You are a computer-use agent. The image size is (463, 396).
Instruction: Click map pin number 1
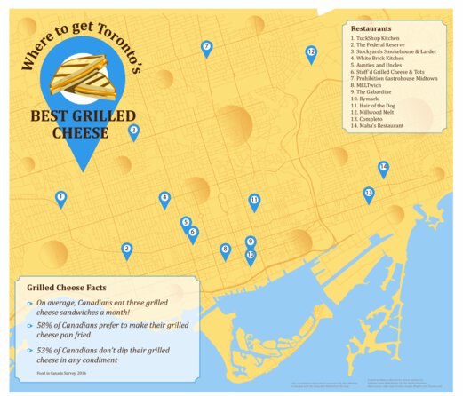(x=60, y=198)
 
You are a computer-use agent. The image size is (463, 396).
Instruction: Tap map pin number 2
(x=127, y=250)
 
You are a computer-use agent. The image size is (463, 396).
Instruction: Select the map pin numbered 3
(x=134, y=131)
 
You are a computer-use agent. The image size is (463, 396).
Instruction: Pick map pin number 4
(x=164, y=199)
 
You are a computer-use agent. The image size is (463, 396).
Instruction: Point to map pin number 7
(x=206, y=48)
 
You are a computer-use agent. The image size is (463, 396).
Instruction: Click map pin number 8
(x=225, y=250)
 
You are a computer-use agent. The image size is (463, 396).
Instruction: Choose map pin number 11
(x=254, y=202)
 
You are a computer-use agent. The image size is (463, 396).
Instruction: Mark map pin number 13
(x=368, y=194)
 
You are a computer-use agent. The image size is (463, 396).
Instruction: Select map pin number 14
(x=383, y=168)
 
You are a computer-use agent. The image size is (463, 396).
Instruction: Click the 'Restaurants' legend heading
(x=371, y=28)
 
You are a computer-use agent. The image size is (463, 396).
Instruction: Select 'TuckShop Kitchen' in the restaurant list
(x=376, y=39)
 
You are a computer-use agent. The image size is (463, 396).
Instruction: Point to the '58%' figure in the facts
(x=45, y=326)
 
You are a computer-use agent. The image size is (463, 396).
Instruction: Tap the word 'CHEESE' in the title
(x=81, y=133)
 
